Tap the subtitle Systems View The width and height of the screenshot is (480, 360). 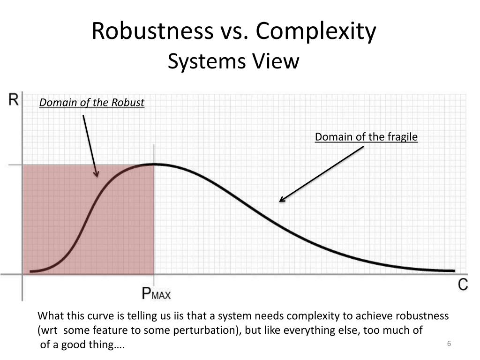(233, 61)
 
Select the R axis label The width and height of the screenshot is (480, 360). (14, 100)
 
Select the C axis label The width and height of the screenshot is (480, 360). (463, 285)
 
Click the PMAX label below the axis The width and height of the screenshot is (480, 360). (156, 294)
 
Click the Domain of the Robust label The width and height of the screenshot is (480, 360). (92, 103)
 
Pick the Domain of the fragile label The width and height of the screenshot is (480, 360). (366, 137)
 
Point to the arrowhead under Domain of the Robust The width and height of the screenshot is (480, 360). (97, 175)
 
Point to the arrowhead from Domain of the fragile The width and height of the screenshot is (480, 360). (281, 200)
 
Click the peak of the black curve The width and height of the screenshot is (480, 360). (154, 164)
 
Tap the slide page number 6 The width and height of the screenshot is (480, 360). (449, 345)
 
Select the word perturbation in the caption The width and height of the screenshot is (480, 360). (207, 330)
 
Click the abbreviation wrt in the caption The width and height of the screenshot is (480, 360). (49, 330)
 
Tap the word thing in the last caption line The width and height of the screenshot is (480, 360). (100, 345)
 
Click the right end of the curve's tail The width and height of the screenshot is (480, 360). (453, 270)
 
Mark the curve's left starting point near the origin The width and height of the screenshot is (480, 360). (31, 271)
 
